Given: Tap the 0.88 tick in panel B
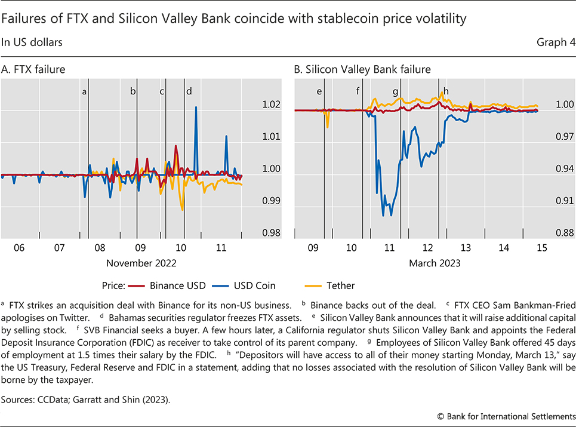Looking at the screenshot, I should pos(563,233).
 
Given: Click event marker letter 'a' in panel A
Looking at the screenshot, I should pos(84,91).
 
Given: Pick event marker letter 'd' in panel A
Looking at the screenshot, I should pos(189,91).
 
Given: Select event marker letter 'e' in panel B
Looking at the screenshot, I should pos(319,91).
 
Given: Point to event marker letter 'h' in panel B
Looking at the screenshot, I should pos(446,91).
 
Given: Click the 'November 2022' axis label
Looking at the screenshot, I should pos(141,262).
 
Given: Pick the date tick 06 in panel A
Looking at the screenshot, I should pos(19,247).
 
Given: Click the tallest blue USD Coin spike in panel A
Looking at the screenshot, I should pos(196,107).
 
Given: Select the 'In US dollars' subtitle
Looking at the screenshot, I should pos(32,42).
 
